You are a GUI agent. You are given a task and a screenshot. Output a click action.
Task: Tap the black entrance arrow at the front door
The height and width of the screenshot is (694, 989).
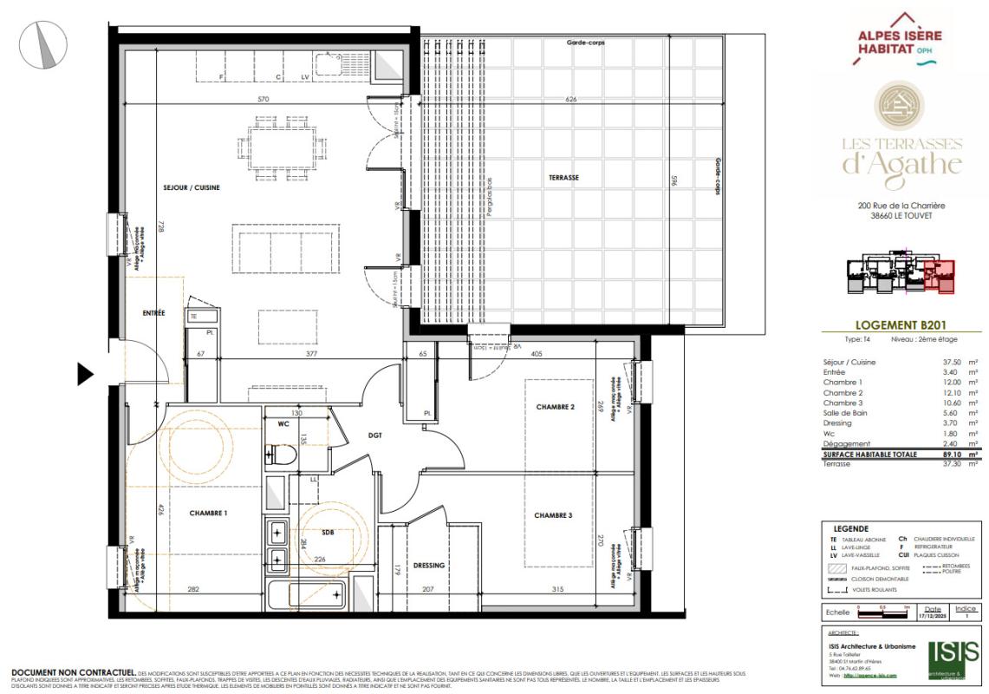85,374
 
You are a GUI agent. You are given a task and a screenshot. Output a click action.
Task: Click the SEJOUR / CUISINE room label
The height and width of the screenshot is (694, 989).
192,187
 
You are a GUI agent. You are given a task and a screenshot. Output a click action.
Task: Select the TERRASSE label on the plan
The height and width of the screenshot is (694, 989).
563,178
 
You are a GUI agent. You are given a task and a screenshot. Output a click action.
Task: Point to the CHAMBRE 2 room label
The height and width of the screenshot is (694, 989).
555,407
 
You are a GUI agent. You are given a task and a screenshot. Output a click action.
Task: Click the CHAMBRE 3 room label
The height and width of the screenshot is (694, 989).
553,515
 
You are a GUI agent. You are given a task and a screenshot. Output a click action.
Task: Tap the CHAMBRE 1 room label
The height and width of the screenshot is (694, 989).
208,514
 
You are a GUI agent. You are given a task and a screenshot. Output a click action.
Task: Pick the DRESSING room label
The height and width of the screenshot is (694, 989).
429,566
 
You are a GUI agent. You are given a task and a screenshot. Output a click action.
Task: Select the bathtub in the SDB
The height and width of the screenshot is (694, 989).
306,596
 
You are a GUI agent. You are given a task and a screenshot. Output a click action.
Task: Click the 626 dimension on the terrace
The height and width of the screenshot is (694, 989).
571,100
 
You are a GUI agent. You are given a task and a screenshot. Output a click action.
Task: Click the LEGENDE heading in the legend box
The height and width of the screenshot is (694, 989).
850,528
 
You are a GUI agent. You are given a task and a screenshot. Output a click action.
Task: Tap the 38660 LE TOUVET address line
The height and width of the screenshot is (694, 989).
901,216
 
